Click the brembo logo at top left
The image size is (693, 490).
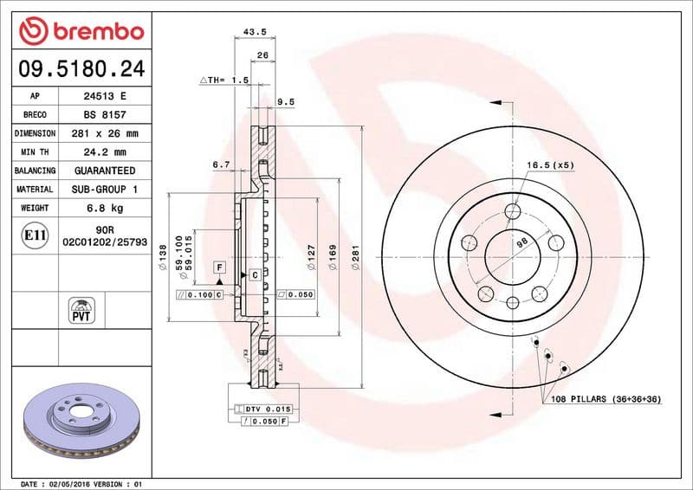click(x=81, y=31)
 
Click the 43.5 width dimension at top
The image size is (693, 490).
click(x=255, y=32)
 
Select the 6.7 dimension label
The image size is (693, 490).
click(x=220, y=164)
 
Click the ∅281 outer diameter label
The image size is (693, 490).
click(x=355, y=257)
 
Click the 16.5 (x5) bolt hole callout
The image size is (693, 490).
click(x=550, y=164)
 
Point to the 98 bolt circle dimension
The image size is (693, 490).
click(x=521, y=243)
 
